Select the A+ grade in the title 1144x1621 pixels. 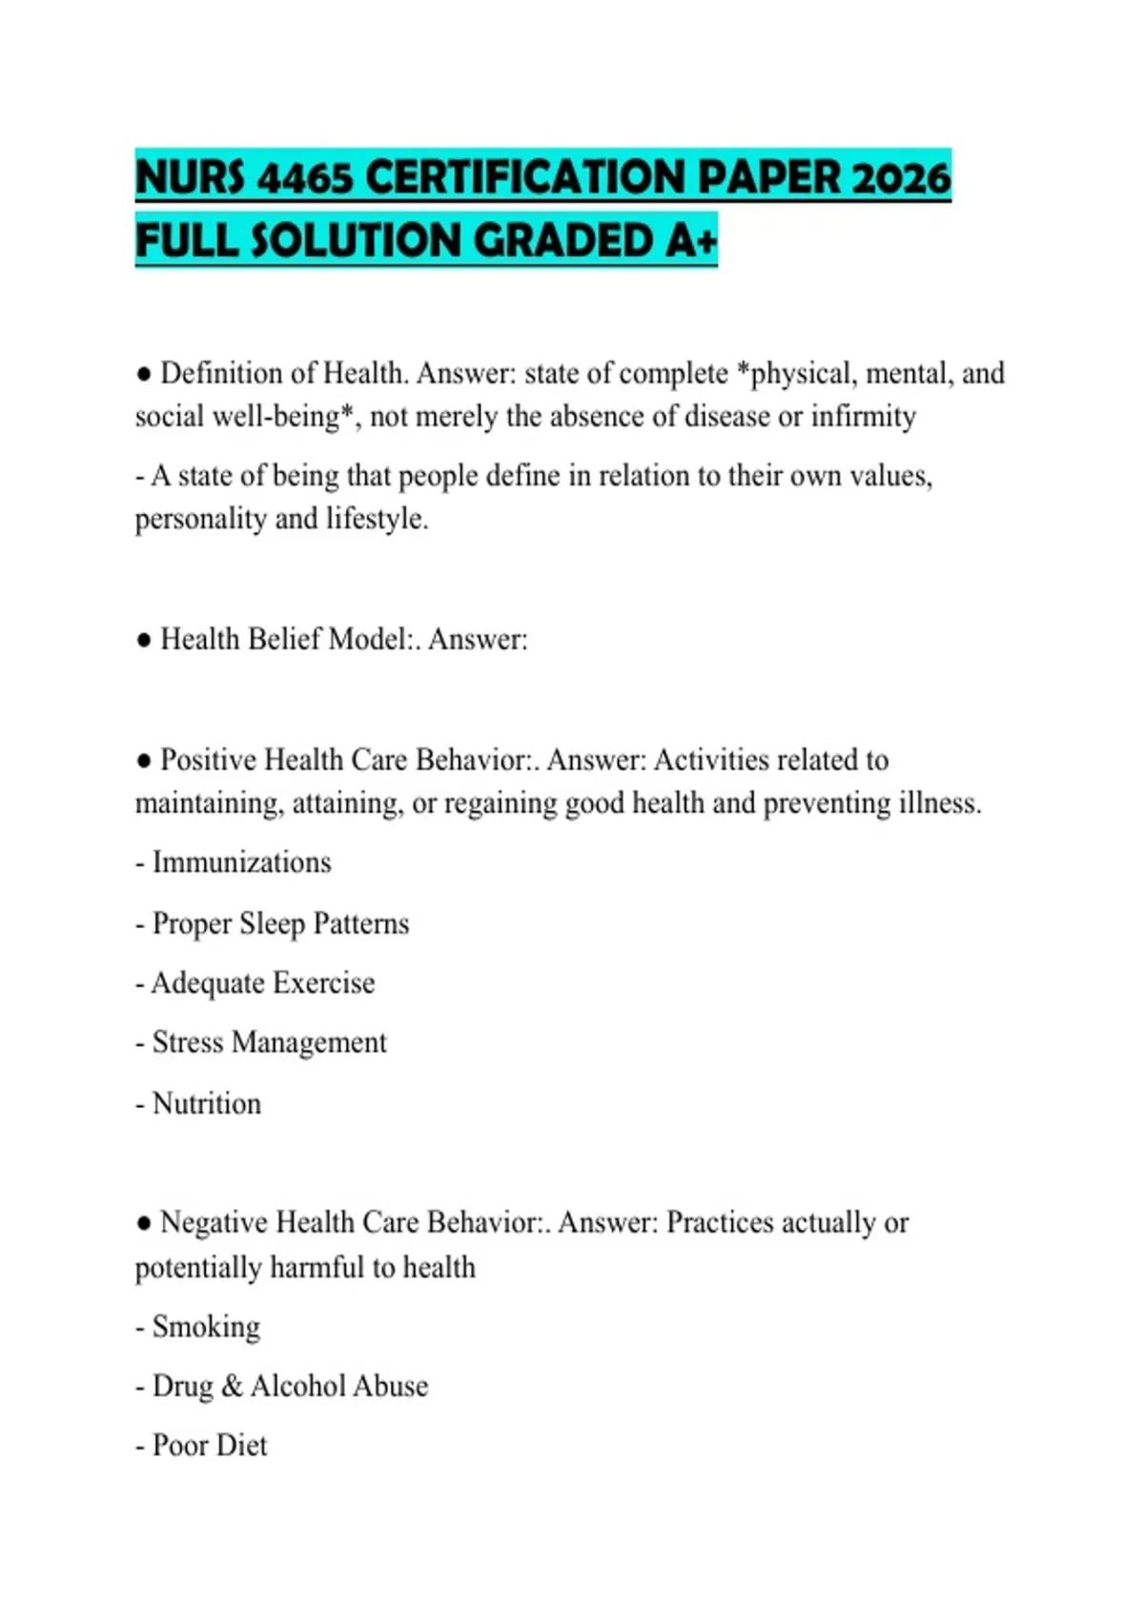[690, 240]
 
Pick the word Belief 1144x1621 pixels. [283, 639]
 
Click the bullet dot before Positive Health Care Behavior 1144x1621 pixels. [144, 761]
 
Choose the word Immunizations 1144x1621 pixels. [241, 862]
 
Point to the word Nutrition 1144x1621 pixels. [206, 1103]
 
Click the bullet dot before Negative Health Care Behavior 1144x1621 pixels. [144, 1223]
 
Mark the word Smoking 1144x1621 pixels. [206, 1326]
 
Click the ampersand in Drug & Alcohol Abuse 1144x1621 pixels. [232, 1386]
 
